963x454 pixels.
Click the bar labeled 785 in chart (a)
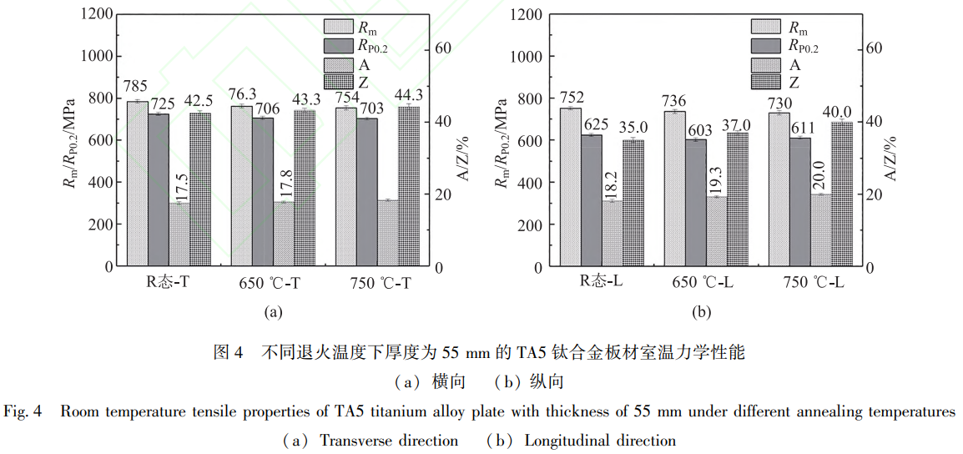click(x=137, y=184)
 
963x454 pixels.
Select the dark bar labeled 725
click(x=159, y=190)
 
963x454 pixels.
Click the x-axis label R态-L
click(x=602, y=282)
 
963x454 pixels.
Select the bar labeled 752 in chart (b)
click(x=570, y=187)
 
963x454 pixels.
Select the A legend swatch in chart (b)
click(x=769, y=64)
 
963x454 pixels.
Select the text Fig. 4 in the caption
click(x=23, y=412)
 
